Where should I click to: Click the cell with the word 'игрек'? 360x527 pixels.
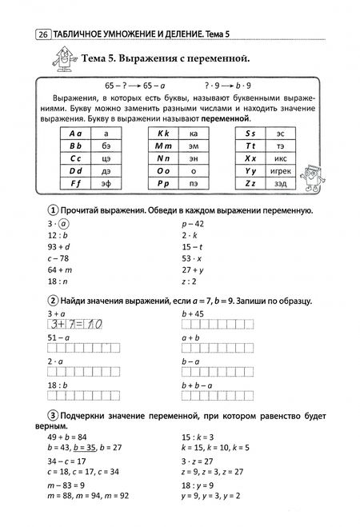[x=281, y=170]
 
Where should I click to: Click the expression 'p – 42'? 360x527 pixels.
[x=194, y=226]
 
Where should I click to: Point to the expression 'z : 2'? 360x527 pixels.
[x=190, y=283]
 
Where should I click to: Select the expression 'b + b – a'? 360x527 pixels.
[x=198, y=385]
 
